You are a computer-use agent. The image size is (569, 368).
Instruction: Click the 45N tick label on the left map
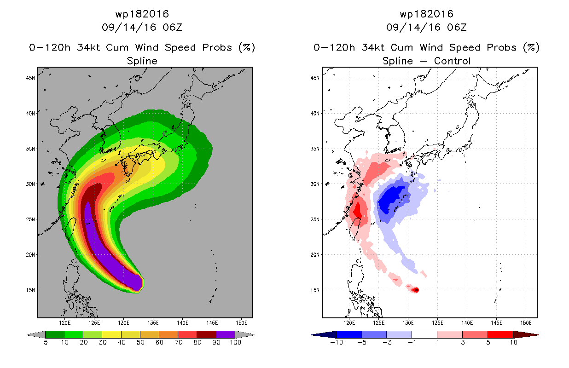[x=30, y=78]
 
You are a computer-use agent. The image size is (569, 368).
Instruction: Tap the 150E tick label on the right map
[x=526, y=323]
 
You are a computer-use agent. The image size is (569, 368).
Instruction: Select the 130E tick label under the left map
[x=123, y=323]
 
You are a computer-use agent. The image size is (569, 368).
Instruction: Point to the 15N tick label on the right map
[x=315, y=290]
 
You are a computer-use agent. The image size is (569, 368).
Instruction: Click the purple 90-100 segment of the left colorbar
[x=226, y=334]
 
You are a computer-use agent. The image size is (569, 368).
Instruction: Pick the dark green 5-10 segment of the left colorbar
[x=55, y=334]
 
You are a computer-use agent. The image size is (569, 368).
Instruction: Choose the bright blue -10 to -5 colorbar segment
[x=349, y=334]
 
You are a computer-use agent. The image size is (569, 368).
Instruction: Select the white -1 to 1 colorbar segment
[x=424, y=334]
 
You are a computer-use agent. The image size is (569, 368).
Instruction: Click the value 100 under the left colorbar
[x=236, y=342]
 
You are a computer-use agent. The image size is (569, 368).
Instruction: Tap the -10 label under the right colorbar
[x=337, y=342]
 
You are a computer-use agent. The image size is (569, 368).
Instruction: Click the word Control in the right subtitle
[x=453, y=61]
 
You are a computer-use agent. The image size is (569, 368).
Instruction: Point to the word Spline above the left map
[x=142, y=61]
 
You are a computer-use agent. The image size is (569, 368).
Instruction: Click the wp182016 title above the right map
[x=426, y=14]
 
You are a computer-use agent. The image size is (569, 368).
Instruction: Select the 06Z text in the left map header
[x=173, y=27]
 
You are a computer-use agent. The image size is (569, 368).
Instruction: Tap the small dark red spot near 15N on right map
[x=416, y=290]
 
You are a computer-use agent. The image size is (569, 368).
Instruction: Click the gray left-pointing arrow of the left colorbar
[x=36, y=335]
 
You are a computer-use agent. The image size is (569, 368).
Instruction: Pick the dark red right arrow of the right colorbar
[x=526, y=335]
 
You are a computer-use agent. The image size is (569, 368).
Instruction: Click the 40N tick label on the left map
[x=30, y=114]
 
